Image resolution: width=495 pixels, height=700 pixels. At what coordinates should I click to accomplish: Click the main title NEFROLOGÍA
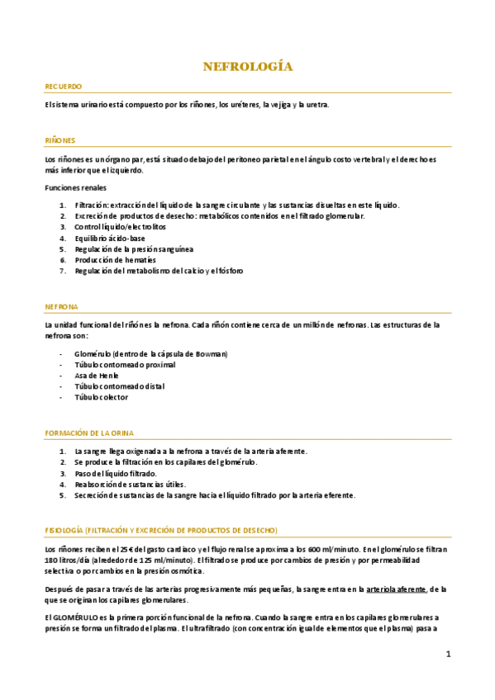coord(248,67)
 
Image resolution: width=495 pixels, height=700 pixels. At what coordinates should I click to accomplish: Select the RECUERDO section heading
coord(63,87)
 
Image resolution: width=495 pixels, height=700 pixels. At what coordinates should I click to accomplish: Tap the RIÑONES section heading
coord(60,141)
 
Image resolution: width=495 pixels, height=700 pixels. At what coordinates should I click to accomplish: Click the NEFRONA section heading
coord(61,306)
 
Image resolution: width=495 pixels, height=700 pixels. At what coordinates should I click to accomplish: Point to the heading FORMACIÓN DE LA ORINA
coord(89,433)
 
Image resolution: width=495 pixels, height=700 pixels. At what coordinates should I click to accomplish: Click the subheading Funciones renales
coord(76,188)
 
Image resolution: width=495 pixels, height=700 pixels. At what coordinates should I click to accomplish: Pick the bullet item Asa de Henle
coord(98,376)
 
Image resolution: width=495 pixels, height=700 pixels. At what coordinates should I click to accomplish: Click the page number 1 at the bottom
coord(448,655)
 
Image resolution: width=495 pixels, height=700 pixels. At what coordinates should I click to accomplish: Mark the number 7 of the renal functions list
coord(62,271)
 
